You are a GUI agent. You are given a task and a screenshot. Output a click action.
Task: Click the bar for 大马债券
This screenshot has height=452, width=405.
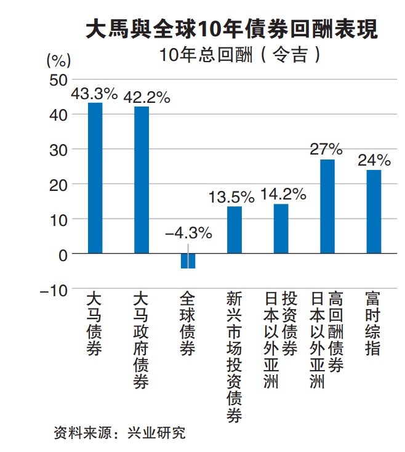[x=95, y=178]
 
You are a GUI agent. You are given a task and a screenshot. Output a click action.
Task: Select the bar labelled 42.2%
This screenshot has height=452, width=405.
[x=142, y=180]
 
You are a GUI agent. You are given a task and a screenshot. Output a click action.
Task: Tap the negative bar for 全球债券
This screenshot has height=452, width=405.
[x=188, y=260]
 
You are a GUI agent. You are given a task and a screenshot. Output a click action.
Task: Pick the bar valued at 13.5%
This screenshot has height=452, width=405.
[x=235, y=230]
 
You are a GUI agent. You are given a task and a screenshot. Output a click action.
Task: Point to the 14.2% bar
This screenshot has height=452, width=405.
[x=281, y=228]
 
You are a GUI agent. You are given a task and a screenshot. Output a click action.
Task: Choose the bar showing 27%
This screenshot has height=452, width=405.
[x=327, y=206]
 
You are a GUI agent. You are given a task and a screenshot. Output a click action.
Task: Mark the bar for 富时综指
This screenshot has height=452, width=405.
[x=374, y=211]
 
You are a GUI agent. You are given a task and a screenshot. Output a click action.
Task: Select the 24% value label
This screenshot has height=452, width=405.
[x=374, y=161]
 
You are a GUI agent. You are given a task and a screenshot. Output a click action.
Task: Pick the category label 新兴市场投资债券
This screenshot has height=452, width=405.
[x=235, y=357]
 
